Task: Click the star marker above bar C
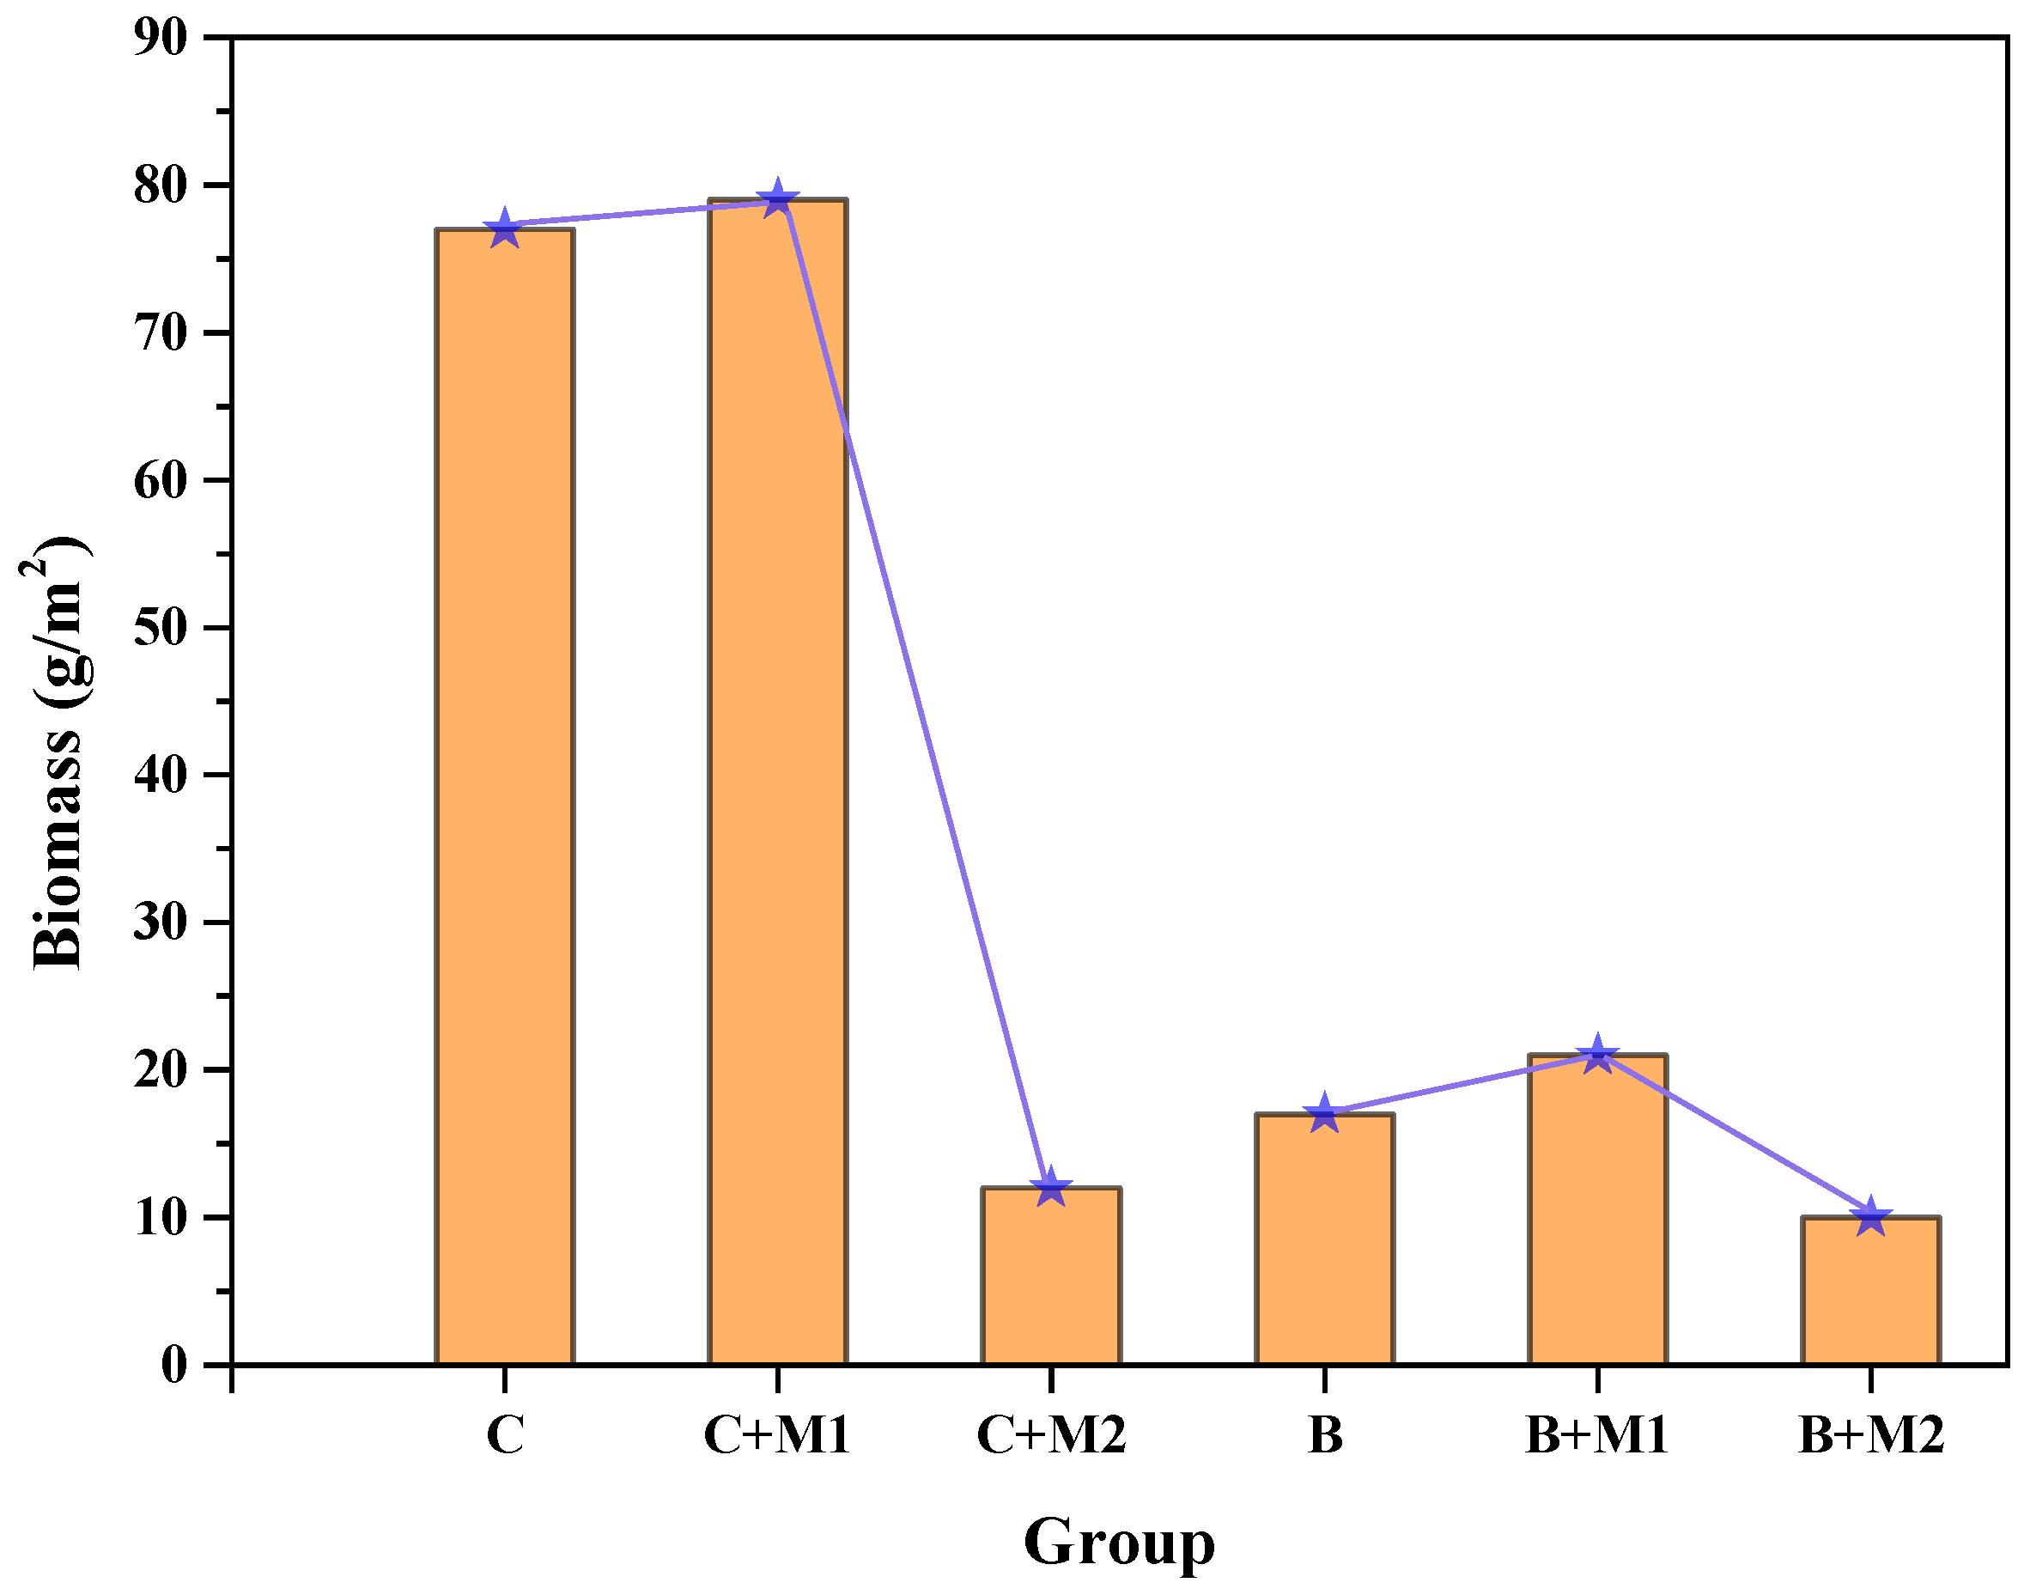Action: [x=504, y=227]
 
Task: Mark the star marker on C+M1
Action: [x=777, y=199]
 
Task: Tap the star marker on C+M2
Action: [x=1050, y=1187]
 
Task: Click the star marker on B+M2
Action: [x=1870, y=1217]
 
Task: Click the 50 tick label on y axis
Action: [x=161, y=628]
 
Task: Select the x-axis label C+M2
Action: [x=1050, y=1435]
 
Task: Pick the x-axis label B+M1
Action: [x=1596, y=1435]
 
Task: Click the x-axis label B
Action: [x=1324, y=1435]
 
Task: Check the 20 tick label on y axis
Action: [x=161, y=1070]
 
